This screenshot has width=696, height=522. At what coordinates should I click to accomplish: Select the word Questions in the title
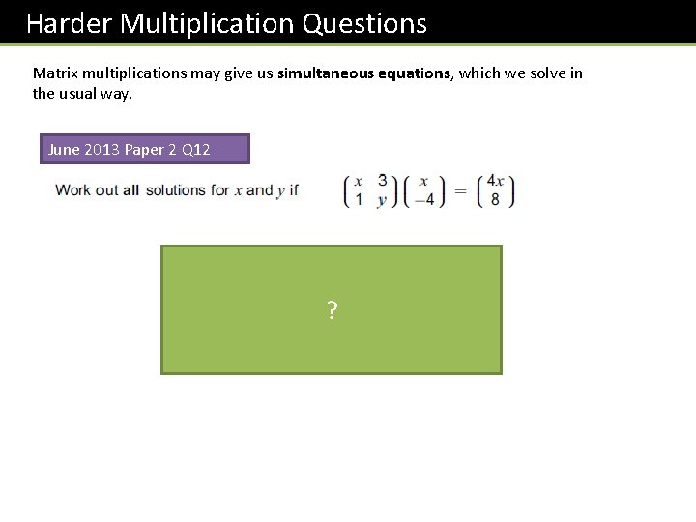[364, 23]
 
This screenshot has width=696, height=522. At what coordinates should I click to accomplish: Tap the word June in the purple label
[65, 150]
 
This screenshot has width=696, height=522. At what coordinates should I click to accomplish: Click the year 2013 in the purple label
[102, 150]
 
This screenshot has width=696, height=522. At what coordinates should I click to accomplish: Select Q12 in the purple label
[193, 150]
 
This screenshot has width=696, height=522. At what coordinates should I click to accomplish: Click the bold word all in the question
[131, 190]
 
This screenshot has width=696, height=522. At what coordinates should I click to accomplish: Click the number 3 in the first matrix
[383, 181]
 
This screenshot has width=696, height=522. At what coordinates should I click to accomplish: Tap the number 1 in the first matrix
[359, 199]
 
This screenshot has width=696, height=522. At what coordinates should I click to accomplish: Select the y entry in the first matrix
[383, 200]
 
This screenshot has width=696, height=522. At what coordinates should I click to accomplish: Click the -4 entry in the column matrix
[423, 200]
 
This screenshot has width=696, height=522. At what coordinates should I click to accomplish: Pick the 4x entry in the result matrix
[495, 181]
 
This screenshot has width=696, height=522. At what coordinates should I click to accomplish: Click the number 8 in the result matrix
[495, 200]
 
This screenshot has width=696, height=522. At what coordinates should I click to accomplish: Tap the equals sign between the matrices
[460, 190]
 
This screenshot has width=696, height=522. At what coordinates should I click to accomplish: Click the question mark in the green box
[332, 310]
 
